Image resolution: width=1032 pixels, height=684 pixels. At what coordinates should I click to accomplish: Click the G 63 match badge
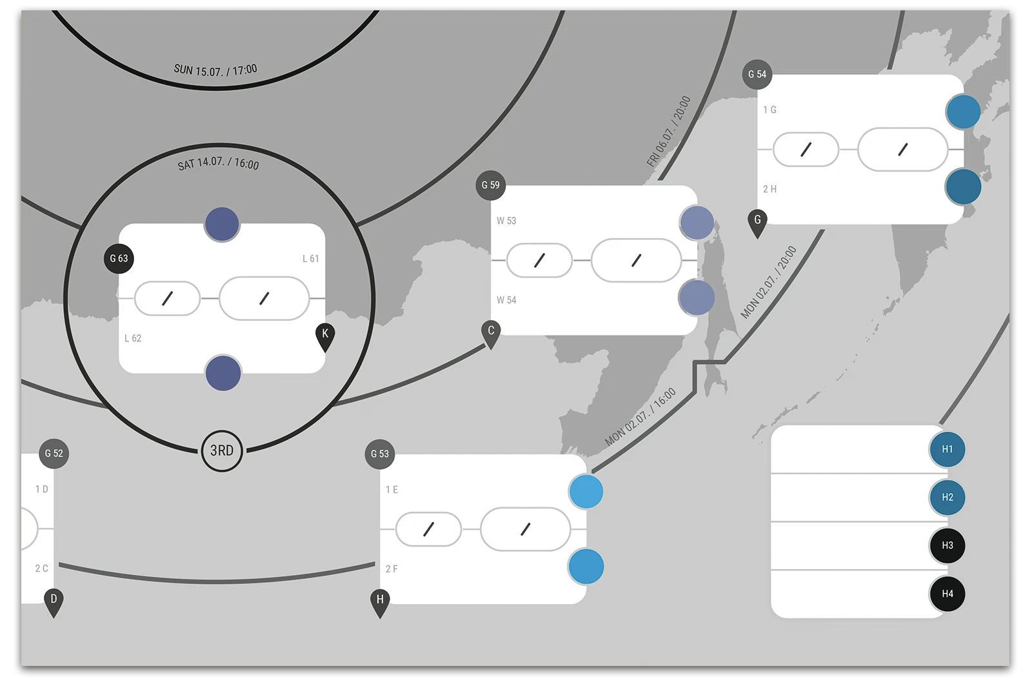(119, 259)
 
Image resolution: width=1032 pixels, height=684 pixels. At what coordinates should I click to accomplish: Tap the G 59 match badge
(490, 185)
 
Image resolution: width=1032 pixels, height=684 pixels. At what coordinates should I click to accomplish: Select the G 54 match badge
(757, 75)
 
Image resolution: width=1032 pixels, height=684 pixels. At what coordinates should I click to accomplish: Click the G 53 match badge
(379, 454)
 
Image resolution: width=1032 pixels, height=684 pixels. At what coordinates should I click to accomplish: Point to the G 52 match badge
(54, 454)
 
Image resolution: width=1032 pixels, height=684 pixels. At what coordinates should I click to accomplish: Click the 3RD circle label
(222, 450)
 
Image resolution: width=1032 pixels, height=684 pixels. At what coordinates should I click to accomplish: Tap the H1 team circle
(947, 449)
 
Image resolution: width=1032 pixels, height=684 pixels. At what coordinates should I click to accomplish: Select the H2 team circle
(947, 498)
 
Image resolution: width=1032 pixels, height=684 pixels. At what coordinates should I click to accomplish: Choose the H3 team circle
(947, 545)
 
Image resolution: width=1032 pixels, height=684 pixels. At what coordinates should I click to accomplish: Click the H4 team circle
(947, 594)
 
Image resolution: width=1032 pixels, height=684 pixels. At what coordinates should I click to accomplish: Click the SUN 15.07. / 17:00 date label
(215, 70)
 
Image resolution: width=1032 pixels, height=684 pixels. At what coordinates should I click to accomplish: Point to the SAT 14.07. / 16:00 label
(219, 163)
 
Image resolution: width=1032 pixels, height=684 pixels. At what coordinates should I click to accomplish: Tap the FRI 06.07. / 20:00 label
(669, 132)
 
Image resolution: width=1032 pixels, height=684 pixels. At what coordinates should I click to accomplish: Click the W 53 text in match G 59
(506, 221)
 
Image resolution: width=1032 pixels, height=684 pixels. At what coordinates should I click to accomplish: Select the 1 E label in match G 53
(392, 490)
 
